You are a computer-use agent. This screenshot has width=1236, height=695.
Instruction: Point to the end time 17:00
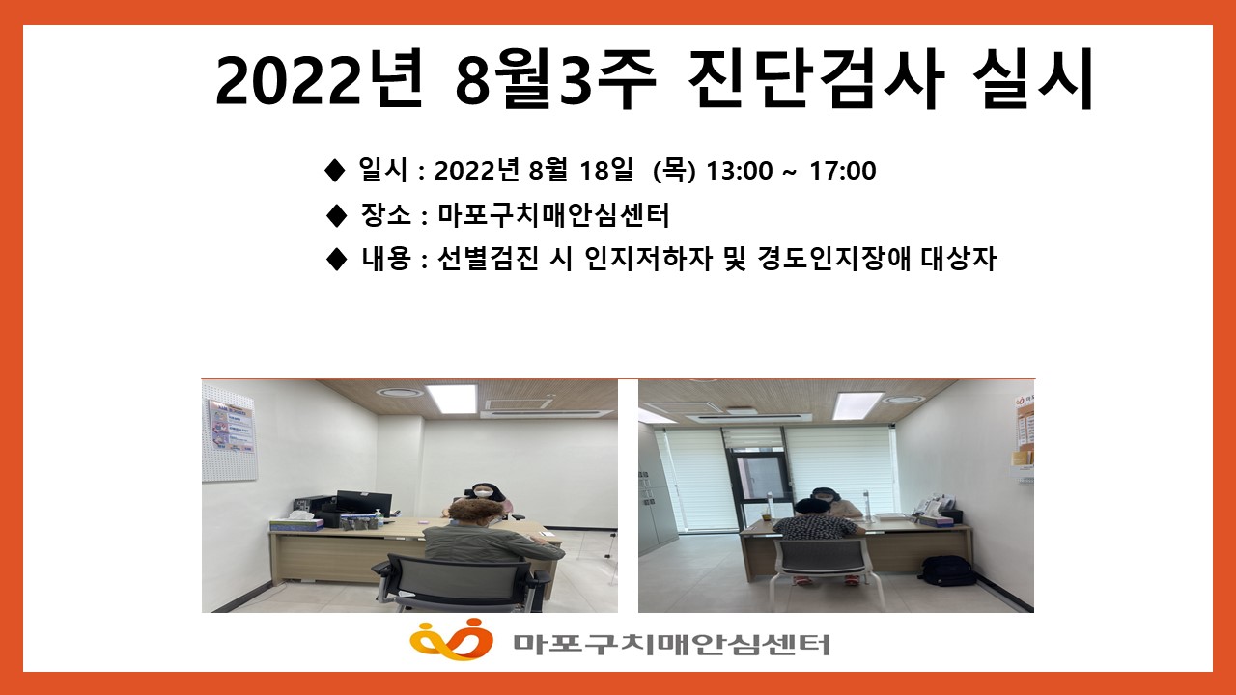[843, 171]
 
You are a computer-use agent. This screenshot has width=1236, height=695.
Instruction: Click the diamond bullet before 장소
[336, 214]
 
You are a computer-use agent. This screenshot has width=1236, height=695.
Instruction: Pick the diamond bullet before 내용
[336, 259]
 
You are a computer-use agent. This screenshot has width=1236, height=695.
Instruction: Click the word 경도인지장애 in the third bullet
[833, 258]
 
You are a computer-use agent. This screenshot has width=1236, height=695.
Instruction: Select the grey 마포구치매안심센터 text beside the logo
[671, 644]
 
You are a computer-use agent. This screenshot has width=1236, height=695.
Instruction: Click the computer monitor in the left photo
[364, 504]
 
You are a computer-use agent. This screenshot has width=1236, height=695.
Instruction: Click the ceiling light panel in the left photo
[451, 398]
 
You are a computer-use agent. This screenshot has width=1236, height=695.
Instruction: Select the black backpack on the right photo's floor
[945, 571]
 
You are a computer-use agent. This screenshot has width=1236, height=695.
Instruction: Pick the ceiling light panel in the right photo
[858, 405]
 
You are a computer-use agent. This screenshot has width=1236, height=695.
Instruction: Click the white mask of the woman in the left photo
[484, 492]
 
